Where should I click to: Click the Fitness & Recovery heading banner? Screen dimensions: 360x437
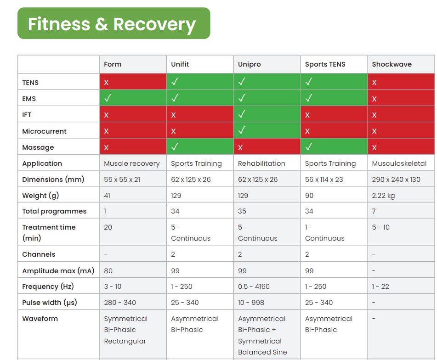tap(114, 23)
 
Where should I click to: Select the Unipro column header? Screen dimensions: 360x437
tap(250, 64)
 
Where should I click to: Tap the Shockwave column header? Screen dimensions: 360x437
tap(392, 64)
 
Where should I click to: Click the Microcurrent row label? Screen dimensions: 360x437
tap(45, 131)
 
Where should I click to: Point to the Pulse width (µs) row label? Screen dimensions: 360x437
tap(50, 303)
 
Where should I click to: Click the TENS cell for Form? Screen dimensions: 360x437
tap(133, 83)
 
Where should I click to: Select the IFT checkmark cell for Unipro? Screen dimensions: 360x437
tap(267, 115)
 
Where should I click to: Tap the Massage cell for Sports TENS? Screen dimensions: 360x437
tap(334, 147)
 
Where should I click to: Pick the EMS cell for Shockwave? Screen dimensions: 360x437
tap(401, 99)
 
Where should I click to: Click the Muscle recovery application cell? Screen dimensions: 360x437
tap(132, 163)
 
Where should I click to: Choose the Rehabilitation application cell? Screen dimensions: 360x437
tap(261, 163)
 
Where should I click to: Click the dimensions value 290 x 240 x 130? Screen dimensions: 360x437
tap(396, 180)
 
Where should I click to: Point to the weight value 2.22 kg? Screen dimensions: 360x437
tap(383, 196)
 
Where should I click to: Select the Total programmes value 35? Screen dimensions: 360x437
tap(242, 211)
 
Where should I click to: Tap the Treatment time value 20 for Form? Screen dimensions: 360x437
tap(108, 227)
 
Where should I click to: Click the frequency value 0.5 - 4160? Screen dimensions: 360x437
tap(254, 287)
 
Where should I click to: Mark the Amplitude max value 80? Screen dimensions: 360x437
tap(108, 271)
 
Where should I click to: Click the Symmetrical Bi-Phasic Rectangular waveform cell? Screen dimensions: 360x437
tap(125, 330)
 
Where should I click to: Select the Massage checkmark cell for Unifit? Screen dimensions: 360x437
tap(199, 147)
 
